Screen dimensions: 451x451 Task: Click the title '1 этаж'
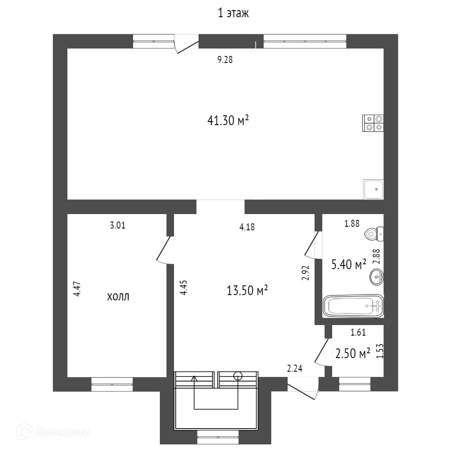(233, 14)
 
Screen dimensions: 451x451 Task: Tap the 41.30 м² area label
(228, 120)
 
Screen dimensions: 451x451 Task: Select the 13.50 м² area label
(248, 291)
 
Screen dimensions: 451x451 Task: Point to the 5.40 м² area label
(348, 264)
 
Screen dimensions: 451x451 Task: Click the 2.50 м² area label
(352, 354)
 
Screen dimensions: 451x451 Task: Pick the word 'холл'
(118, 297)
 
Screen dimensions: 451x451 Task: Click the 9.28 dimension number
(225, 60)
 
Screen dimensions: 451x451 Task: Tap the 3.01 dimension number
(118, 226)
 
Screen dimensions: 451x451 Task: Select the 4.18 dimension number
(247, 227)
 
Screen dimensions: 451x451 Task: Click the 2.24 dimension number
(295, 369)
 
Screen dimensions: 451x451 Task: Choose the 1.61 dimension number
(358, 333)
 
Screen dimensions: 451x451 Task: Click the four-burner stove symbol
(373, 123)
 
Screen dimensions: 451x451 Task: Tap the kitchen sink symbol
(373, 189)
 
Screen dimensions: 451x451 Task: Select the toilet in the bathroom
(374, 234)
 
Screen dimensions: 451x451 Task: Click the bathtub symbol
(353, 306)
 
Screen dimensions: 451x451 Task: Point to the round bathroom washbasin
(377, 277)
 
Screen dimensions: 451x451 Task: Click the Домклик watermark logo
(55, 432)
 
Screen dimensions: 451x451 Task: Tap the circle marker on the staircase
(238, 376)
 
